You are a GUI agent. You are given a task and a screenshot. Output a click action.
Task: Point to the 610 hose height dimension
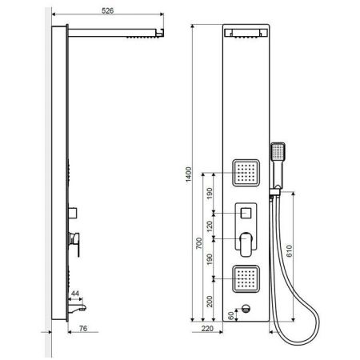pyautogui.click(x=301, y=250)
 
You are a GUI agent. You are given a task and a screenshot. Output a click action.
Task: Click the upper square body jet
pyautogui.click(x=246, y=170)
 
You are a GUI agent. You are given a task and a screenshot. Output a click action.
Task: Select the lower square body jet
pyautogui.click(x=246, y=277)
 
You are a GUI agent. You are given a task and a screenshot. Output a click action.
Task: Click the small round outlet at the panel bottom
pyautogui.click(x=246, y=311)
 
